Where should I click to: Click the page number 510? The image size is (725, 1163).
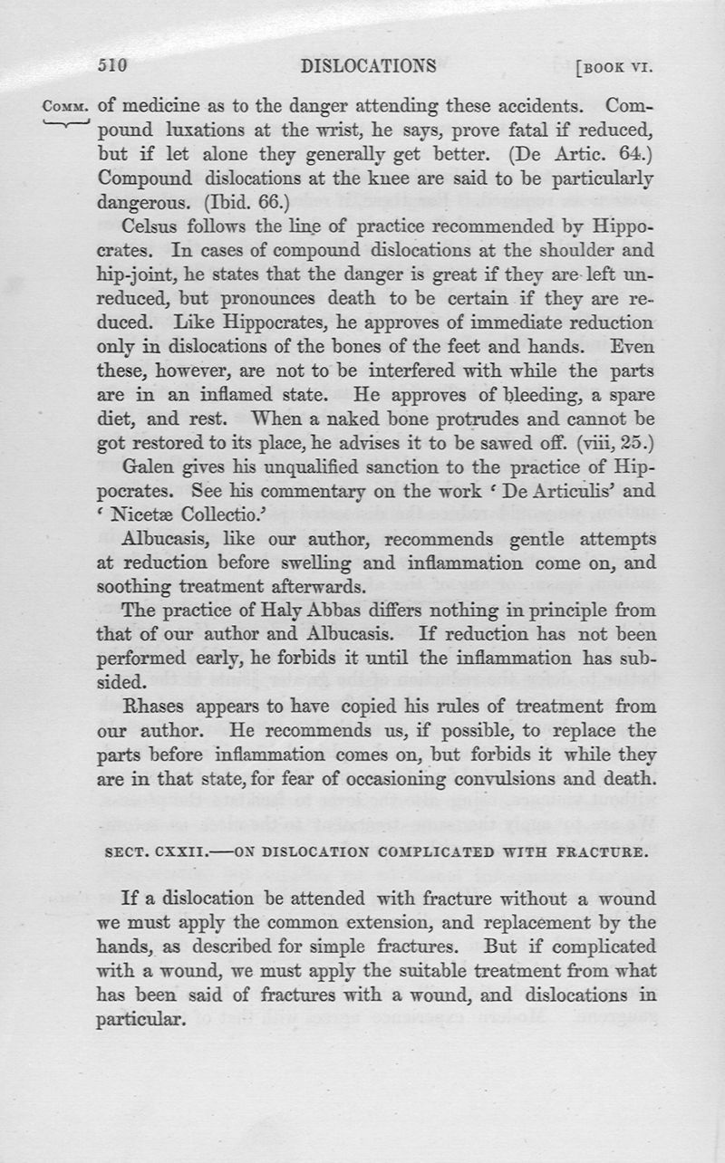[x=114, y=65]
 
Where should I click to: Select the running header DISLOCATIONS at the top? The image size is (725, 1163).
[x=368, y=65]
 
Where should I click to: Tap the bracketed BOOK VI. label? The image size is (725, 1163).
[x=614, y=67]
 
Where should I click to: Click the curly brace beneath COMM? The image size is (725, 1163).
[x=65, y=122]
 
